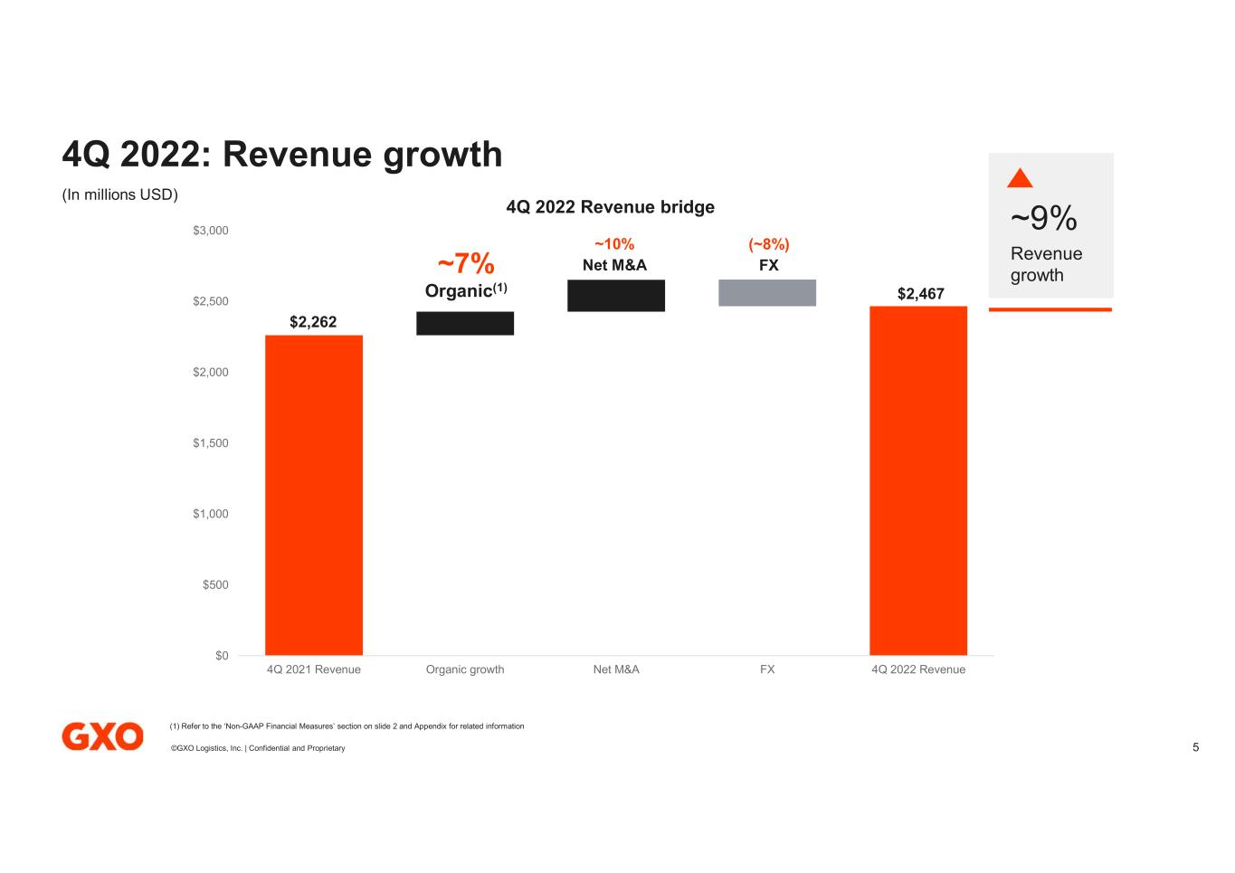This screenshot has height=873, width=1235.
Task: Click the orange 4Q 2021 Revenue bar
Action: (313, 495)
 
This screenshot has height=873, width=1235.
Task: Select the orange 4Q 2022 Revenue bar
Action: (918, 480)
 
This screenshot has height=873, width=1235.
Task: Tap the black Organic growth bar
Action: (465, 323)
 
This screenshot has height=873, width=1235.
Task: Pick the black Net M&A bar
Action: (616, 296)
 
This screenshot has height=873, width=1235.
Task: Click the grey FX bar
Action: (767, 292)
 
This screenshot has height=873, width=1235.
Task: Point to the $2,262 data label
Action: (313, 321)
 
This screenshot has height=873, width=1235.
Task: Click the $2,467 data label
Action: (920, 293)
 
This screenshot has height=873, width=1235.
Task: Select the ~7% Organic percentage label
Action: (466, 263)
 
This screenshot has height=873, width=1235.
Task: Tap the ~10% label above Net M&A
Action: (614, 244)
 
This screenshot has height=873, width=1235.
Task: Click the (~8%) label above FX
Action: (768, 244)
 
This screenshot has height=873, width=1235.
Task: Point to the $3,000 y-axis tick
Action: (211, 231)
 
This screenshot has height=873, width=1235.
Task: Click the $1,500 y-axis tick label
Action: (211, 443)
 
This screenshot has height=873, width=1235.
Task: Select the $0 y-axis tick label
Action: (222, 656)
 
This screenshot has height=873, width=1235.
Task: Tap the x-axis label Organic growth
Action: (465, 669)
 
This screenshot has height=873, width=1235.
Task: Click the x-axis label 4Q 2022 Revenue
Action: (918, 669)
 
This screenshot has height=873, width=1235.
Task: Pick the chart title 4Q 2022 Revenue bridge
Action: (610, 207)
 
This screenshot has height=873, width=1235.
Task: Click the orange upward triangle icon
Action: (1020, 178)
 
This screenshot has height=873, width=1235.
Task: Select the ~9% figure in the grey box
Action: (1043, 218)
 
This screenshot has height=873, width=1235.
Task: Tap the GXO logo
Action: (102, 736)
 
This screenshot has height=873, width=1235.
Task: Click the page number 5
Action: (1195, 747)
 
